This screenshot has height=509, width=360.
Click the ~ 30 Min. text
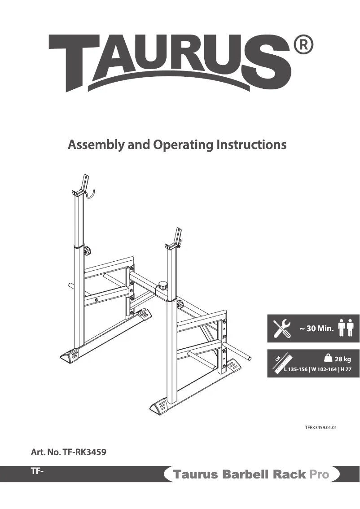click(316, 329)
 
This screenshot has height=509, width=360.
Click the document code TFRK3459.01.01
click(320, 428)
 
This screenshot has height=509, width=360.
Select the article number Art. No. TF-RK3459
click(68, 452)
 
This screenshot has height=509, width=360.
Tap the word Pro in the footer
click(319, 474)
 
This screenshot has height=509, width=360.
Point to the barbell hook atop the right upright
click(174, 240)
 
